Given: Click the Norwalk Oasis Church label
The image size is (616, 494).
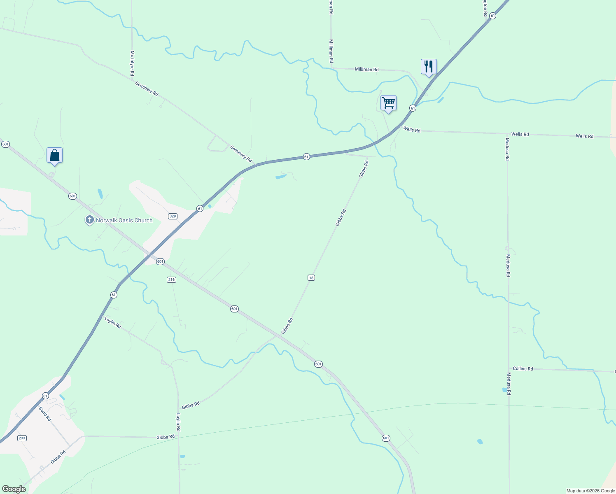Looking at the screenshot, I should [124, 220].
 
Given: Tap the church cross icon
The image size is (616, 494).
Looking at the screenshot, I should [89, 220].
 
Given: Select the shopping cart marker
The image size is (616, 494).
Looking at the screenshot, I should [388, 103].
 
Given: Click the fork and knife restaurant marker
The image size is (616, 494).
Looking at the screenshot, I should [429, 66].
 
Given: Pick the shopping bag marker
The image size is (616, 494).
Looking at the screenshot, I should [54, 155].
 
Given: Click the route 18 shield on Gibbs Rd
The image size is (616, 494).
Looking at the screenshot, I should [311, 278].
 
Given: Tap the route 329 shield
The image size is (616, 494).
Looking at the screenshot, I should [173, 216].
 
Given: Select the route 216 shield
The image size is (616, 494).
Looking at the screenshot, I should [171, 280].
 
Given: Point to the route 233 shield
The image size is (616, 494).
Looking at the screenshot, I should [22, 438].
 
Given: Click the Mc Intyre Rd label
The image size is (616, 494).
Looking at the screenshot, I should [132, 63].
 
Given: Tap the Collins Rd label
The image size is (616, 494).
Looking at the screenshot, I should [523, 368].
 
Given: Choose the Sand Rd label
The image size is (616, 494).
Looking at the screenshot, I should [45, 413].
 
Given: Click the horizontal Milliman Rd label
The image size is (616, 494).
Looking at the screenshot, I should [366, 70].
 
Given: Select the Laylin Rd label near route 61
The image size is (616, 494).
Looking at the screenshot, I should [113, 322].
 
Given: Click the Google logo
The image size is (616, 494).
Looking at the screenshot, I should [14, 489].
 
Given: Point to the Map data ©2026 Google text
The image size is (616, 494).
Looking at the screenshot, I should [590, 491].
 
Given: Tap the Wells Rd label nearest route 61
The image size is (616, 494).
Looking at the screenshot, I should [412, 130].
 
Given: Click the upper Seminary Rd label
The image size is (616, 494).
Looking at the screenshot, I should [147, 89].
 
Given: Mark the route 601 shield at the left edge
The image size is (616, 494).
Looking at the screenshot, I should [5, 144].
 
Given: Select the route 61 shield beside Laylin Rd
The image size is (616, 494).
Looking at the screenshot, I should [114, 295].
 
